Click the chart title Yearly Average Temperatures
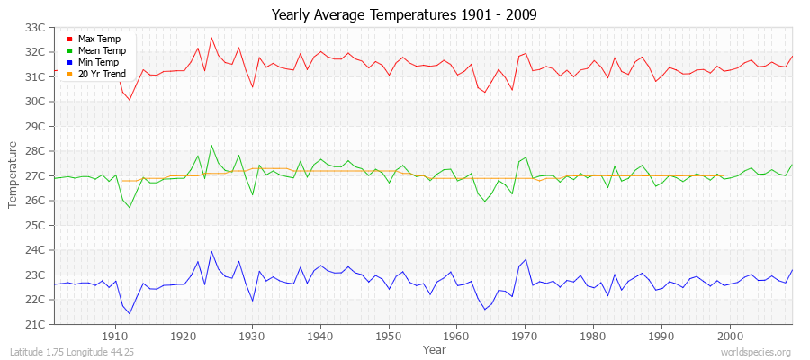(x=405, y=15)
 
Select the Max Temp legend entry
(x=99, y=40)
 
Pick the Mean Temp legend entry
(x=101, y=51)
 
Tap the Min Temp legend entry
(x=99, y=63)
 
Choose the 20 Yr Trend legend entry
(x=102, y=75)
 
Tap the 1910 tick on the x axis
(x=116, y=336)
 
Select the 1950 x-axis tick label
(x=389, y=336)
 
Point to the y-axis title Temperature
(x=13, y=175)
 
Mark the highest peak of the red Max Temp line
(x=211, y=37)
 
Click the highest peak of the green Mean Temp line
(x=211, y=145)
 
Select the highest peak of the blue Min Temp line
(x=211, y=251)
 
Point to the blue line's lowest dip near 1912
(x=130, y=314)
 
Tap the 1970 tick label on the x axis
(x=526, y=336)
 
